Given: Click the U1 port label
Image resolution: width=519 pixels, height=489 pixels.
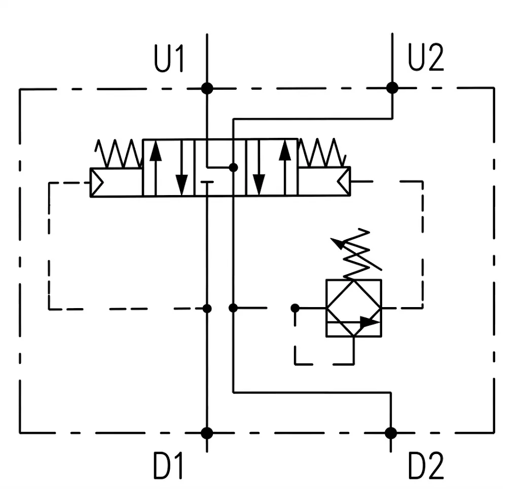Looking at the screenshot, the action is click(x=169, y=59).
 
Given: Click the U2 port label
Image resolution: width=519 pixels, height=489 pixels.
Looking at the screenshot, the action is click(x=426, y=57).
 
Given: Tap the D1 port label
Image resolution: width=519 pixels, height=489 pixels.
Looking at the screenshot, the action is click(x=168, y=466).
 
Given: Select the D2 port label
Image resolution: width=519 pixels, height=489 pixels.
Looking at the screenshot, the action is click(x=426, y=466).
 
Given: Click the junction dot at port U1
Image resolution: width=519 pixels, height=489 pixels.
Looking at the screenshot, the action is click(x=207, y=88).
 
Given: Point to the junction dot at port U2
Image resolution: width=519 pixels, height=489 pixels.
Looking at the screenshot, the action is click(x=392, y=88).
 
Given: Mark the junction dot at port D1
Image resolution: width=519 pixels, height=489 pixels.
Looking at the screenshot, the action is click(x=207, y=433).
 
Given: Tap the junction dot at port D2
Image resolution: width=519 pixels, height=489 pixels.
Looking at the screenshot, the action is click(x=391, y=433).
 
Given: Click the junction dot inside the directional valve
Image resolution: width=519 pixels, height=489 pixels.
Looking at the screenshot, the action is click(x=233, y=167).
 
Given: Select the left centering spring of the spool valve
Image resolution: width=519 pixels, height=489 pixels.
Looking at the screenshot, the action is click(x=119, y=154).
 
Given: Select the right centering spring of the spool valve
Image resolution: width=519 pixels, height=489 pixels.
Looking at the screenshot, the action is click(x=322, y=153).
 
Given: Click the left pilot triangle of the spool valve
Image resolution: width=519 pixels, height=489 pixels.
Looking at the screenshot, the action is click(x=97, y=182).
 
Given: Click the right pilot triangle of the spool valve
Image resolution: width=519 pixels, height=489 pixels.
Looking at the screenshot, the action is click(x=344, y=181).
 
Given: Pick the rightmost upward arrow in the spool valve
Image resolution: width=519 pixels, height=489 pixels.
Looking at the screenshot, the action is click(x=285, y=167).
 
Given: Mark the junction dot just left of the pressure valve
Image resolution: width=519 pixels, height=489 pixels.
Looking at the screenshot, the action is click(x=295, y=309).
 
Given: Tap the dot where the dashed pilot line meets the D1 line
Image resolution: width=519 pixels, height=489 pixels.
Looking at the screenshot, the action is click(x=207, y=309).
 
